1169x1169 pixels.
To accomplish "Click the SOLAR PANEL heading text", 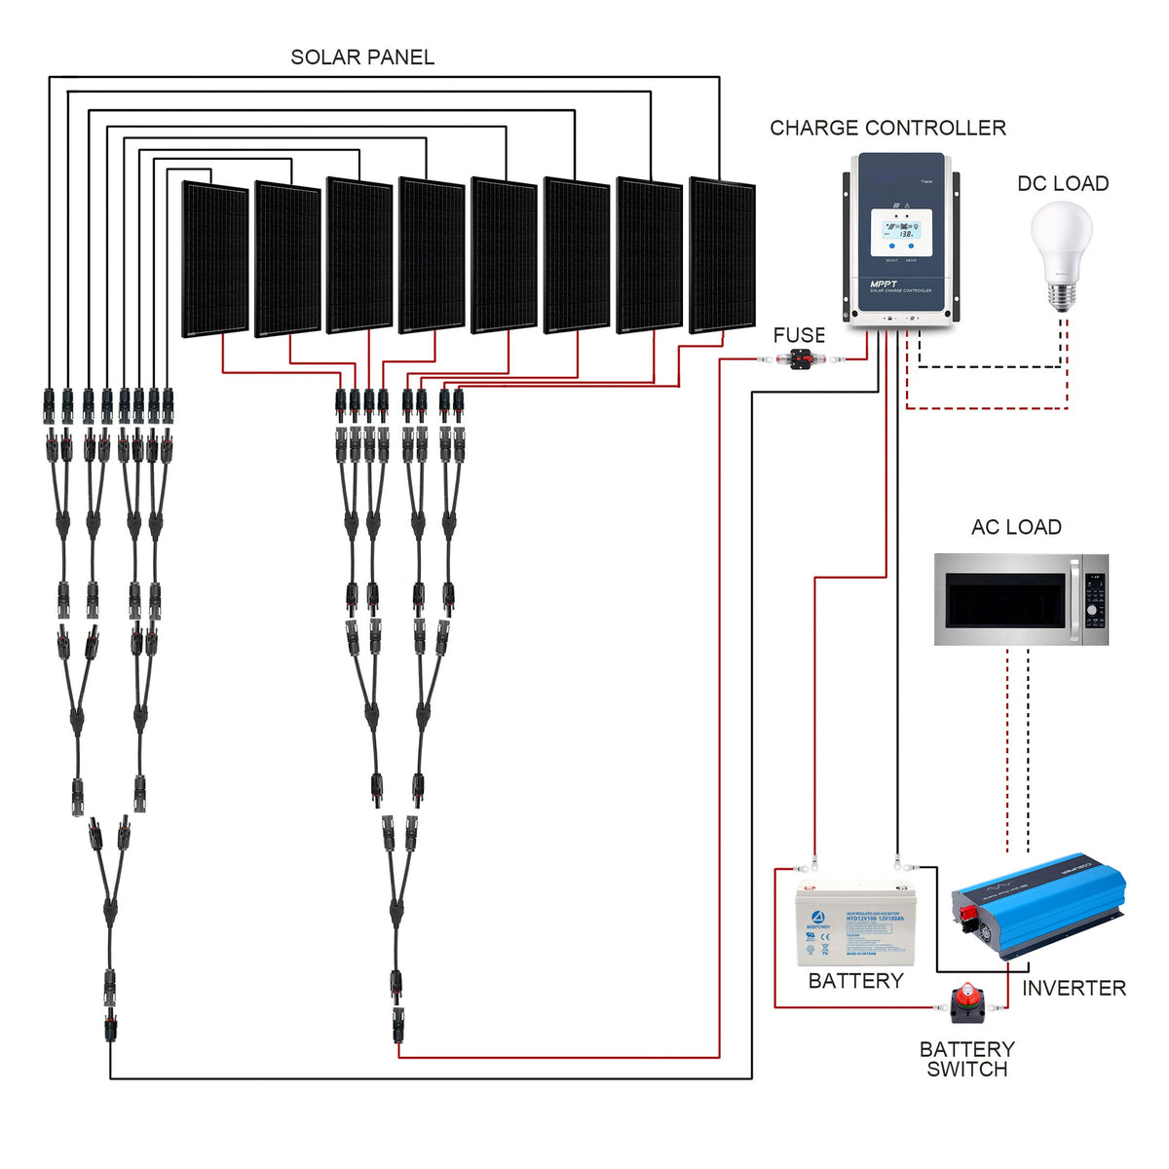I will (362, 57).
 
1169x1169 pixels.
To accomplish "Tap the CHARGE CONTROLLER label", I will (887, 128).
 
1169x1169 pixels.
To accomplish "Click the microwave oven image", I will (1021, 599).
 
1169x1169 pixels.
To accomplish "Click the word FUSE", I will (799, 335).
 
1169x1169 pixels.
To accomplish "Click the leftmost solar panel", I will (215, 259).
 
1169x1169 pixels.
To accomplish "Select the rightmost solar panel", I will (722, 254).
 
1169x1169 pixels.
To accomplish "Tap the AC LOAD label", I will (1016, 527).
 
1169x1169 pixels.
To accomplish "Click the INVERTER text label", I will (1074, 988).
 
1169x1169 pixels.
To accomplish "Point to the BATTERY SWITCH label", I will (966, 1059).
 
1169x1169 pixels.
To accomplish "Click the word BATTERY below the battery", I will (855, 981).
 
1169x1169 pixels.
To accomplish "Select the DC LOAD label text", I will (1063, 183).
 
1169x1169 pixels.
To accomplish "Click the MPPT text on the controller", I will (884, 283).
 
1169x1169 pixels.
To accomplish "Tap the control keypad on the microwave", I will (1094, 600).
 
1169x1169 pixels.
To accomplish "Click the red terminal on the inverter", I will (969, 916).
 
